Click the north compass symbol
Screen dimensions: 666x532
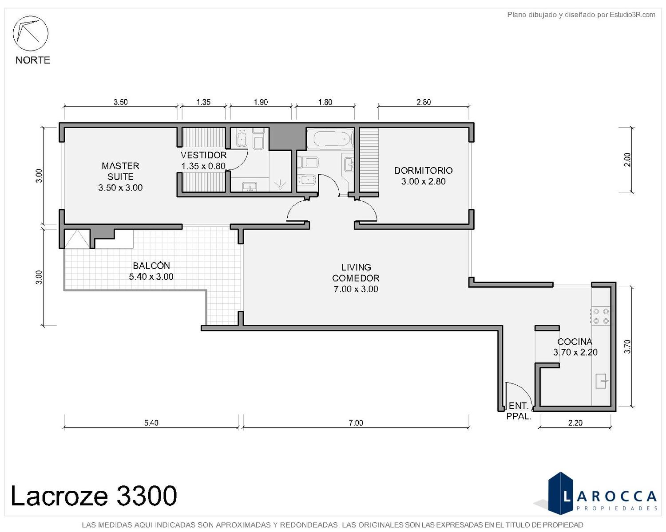click(30, 33)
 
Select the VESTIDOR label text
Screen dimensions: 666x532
click(203, 155)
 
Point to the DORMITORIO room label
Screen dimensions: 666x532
click(423, 170)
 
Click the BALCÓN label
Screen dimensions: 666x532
click(151, 265)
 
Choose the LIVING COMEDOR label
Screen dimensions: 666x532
click(356, 272)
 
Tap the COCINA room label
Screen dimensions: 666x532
click(575, 341)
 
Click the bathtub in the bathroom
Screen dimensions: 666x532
click(333, 139)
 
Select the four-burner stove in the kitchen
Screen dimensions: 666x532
click(601, 316)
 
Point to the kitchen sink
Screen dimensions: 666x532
click(601, 381)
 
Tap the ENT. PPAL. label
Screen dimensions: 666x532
click(519, 411)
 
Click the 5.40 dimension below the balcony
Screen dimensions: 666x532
click(151, 422)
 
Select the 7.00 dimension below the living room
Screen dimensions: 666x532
click(356, 422)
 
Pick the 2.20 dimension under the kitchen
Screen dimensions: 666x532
click(575, 422)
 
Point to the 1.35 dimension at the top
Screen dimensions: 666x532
click(203, 102)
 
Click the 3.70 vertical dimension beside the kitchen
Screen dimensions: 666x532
click(627, 347)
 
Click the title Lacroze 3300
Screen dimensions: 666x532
click(94, 495)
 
